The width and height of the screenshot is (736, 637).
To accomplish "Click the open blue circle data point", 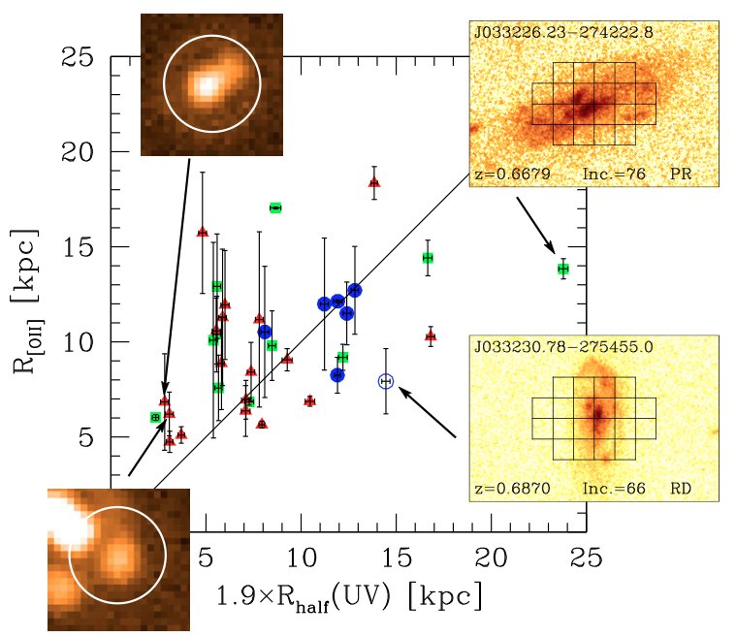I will (386, 381).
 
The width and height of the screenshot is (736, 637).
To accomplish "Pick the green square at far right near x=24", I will (562, 268).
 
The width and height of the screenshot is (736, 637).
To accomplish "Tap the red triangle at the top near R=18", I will (374, 182).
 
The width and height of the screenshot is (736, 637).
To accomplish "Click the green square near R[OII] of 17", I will (275, 207).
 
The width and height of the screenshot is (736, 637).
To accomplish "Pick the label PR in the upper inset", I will (682, 175).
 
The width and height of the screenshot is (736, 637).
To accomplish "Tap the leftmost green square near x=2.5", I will (155, 417).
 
